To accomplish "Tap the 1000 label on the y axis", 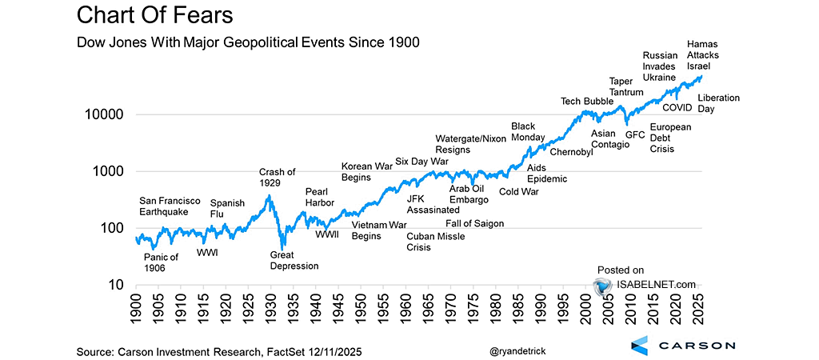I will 107,171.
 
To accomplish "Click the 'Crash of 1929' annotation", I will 278,178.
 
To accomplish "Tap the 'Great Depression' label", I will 294,260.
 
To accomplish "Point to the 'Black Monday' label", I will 523,132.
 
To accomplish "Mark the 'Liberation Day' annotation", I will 718,103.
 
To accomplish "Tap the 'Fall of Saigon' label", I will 474,223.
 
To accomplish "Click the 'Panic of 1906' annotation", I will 161,262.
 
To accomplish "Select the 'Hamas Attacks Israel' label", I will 705,54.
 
